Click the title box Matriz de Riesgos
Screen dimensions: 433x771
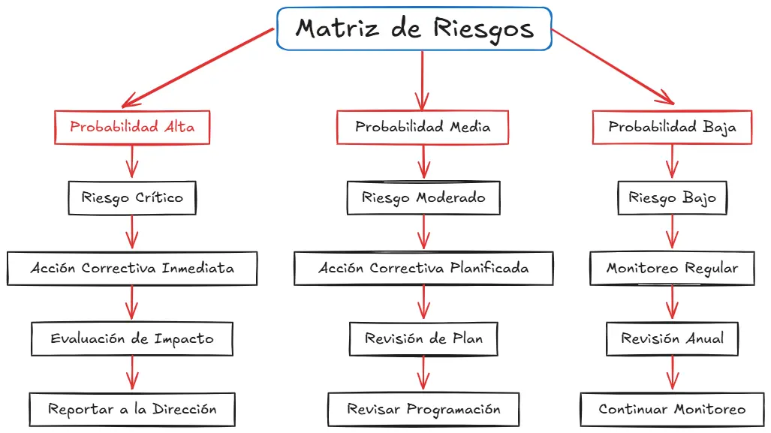click(414, 29)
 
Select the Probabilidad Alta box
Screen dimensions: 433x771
click(132, 127)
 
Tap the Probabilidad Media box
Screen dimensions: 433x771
click(423, 127)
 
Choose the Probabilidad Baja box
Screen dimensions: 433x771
click(672, 127)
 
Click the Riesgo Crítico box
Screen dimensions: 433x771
click(132, 198)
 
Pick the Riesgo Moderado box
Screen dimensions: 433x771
click(423, 198)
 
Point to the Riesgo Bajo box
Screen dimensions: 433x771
click(672, 198)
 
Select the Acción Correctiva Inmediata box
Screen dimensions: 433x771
click(132, 268)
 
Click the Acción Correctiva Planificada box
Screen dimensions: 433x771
click(423, 268)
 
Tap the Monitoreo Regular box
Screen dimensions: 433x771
click(672, 268)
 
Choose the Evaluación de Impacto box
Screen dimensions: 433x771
click(132, 338)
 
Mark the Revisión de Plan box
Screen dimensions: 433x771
click(423, 338)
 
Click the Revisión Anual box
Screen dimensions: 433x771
click(672, 338)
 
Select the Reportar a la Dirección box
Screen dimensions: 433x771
click(132, 409)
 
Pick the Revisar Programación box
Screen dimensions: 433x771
click(423, 409)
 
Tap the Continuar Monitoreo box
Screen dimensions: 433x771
click(672, 409)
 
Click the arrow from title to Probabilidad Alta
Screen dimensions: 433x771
click(199, 68)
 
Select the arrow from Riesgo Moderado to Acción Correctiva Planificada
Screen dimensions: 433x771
click(423, 232)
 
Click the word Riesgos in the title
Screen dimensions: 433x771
click(483, 29)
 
